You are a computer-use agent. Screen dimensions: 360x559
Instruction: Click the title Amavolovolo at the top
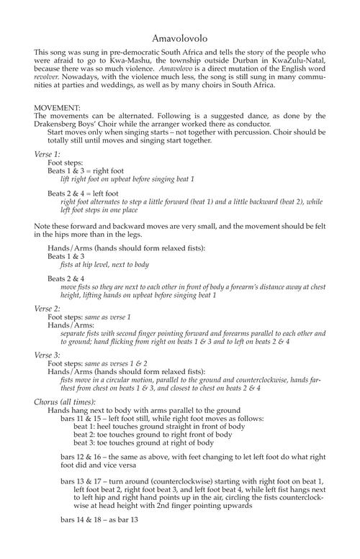180,37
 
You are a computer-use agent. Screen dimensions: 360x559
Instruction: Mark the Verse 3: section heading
48,355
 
